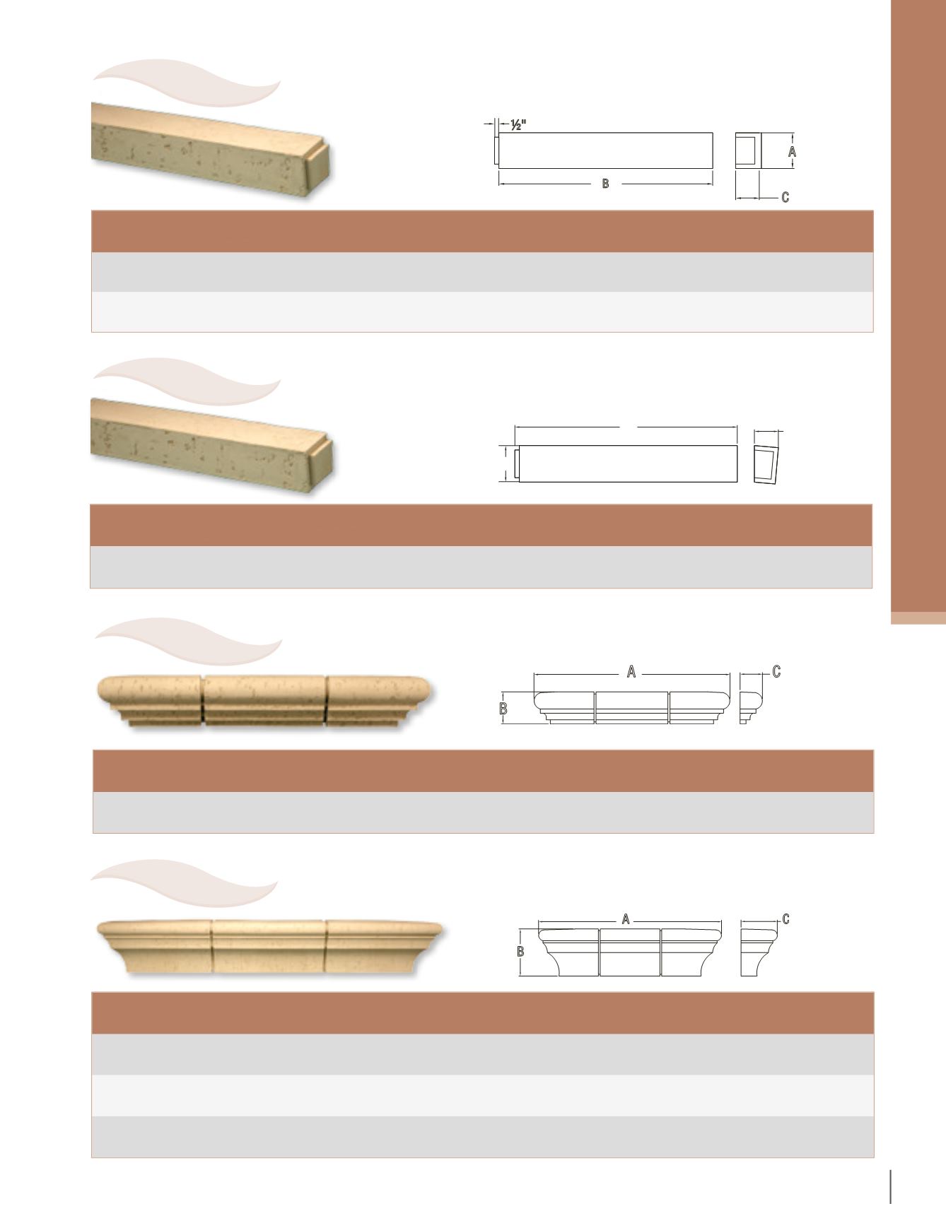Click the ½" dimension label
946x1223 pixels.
click(518, 124)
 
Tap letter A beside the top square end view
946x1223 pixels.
click(793, 151)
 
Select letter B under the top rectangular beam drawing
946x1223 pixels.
click(605, 184)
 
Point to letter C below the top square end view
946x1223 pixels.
click(785, 198)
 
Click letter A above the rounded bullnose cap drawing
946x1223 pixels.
click(632, 673)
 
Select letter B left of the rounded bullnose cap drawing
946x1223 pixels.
click(503, 709)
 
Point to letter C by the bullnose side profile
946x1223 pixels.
click(776, 672)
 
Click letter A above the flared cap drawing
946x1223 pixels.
click(626, 919)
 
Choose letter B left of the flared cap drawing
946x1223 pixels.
click(521, 951)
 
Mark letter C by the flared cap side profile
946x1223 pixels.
click(786, 918)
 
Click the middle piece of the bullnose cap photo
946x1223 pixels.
click(265, 699)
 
